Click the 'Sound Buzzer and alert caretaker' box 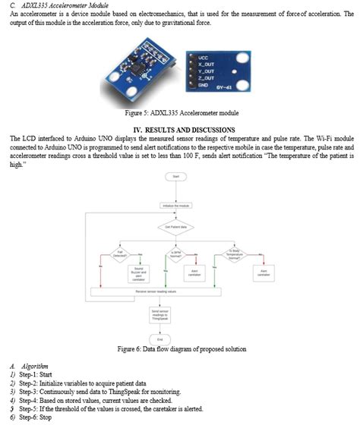tap(139, 272)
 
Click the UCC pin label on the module tap(204, 58)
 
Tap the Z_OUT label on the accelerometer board tap(206, 78)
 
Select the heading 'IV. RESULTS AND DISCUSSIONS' tap(179, 129)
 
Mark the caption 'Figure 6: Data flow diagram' tap(179, 350)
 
